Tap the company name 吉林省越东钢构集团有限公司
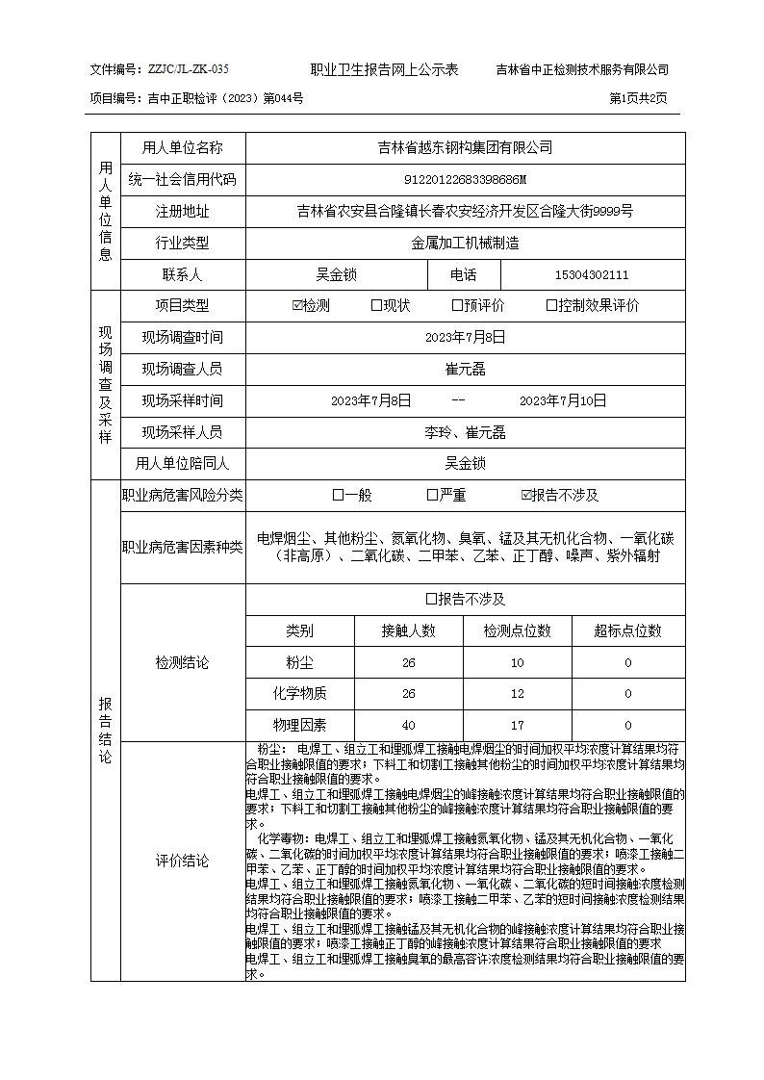(465, 147)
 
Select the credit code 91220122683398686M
(465, 180)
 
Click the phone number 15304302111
(592, 275)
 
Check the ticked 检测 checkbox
(297, 306)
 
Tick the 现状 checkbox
(376, 306)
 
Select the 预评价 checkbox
(457, 306)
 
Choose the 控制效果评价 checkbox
(551, 306)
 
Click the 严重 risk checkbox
(432, 496)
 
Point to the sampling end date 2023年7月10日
(563, 400)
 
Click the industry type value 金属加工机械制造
(465, 244)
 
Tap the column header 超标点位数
(627, 630)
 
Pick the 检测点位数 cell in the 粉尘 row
(517, 663)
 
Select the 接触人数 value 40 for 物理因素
(408, 726)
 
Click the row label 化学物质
(299, 694)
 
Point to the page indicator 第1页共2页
(638, 98)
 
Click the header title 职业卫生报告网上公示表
(384, 69)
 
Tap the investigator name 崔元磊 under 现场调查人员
(465, 369)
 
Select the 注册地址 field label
(182, 212)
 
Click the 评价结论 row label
(182, 861)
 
